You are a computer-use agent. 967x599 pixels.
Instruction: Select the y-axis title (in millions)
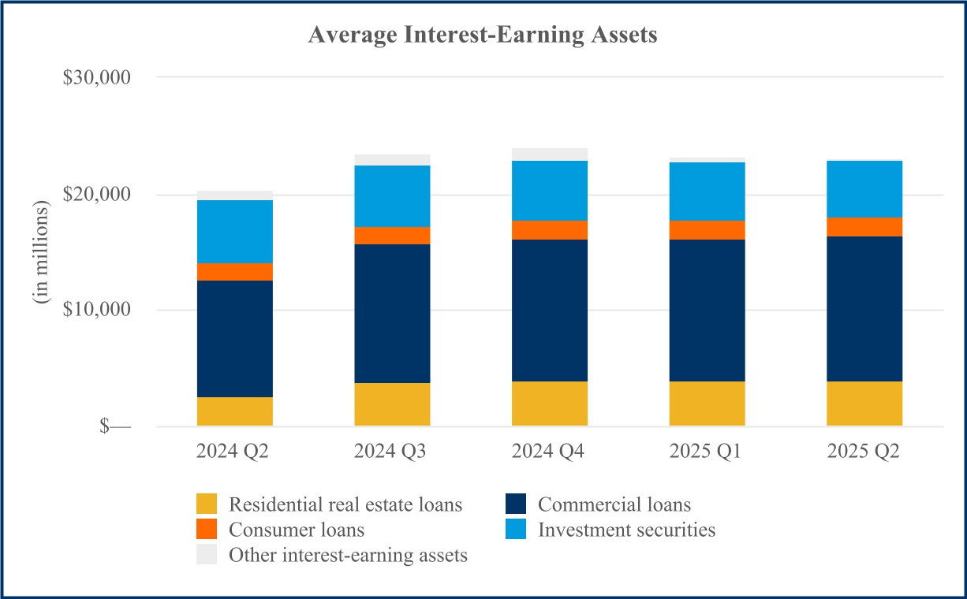[x=40, y=253]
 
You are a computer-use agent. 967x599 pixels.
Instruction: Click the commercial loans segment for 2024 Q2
[x=234, y=339]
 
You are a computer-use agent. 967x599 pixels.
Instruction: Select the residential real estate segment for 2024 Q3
[x=392, y=404]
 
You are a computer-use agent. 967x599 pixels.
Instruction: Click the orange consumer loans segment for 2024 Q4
[x=549, y=229]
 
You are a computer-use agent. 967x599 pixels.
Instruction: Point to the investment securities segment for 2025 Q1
[x=707, y=191]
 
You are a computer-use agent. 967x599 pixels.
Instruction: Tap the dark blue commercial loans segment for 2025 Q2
[x=864, y=309]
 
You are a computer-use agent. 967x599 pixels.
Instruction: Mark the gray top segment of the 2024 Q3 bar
[x=392, y=160]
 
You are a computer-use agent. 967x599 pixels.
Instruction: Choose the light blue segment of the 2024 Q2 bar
[x=234, y=231]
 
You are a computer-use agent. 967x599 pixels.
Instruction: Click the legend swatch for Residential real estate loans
[x=207, y=504]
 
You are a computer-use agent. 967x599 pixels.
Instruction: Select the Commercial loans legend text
[x=614, y=504]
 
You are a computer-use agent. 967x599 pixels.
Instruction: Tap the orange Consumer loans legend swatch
[x=207, y=530]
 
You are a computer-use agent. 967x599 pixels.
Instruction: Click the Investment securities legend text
[x=627, y=530]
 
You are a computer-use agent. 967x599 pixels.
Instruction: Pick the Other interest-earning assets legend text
[x=348, y=555]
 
